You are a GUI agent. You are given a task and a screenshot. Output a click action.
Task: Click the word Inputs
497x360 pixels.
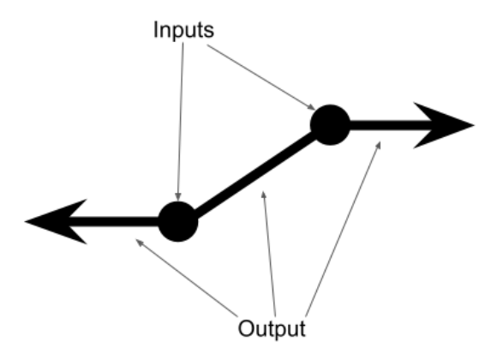pos(184,31)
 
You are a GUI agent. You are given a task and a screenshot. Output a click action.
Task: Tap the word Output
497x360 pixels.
pos(272,328)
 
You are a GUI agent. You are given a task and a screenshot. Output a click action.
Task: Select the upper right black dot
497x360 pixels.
pos(330,124)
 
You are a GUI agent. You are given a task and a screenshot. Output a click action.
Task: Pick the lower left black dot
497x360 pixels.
pos(178,221)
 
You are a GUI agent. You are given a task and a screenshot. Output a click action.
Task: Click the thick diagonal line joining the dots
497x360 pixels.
pos(254,173)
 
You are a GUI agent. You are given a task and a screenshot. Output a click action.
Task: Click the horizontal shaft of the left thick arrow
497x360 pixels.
pos(114,222)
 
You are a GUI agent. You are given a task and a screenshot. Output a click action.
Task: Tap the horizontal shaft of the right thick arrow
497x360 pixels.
pos(391,125)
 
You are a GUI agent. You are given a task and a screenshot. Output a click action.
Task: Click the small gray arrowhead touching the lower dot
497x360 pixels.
pos(178,196)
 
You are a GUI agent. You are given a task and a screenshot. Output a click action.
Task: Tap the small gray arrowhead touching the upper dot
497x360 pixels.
pos(311,107)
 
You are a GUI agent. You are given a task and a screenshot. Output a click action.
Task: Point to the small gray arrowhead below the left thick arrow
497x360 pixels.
pos(139,242)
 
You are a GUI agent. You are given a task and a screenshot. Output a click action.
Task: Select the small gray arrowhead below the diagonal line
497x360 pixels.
pos(263,195)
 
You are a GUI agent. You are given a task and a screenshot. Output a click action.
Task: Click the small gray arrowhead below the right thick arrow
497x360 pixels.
pos(378,145)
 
